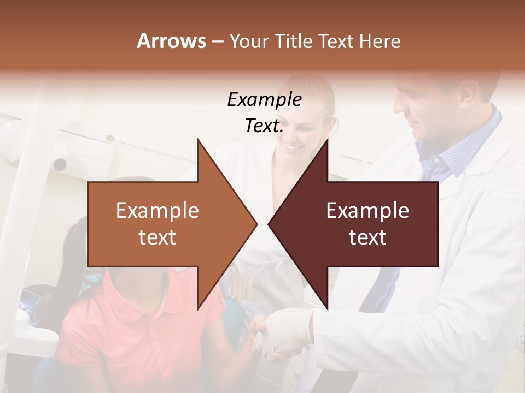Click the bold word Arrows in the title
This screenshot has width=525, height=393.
(x=171, y=41)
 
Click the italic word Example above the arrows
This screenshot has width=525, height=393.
(x=264, y=99)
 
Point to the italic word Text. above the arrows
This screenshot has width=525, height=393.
(x=264, y=126)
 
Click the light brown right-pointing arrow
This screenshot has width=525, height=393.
(x=164, y=224)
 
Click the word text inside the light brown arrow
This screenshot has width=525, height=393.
(x=157, y=237)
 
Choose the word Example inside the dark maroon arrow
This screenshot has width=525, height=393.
(x=367, y=211)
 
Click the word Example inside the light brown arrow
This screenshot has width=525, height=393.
(x=157, y=211)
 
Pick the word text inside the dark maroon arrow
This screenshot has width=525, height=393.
(x=367, y=237)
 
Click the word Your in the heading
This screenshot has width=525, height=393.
(x=249, y=41)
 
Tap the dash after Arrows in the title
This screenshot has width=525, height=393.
(x=217, y=42)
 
